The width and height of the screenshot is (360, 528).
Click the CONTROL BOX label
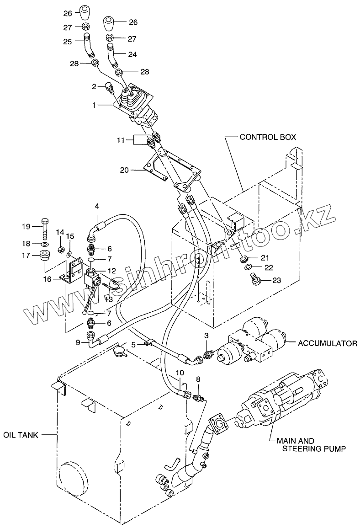coord(268,137)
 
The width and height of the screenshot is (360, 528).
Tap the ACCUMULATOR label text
coord(327,342)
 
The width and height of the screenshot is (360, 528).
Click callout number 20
coord(124,171)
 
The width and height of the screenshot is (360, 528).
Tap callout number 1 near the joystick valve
coord(94,105)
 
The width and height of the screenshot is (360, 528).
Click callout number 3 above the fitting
coord(206,336)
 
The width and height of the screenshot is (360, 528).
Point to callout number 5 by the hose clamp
coord(133,345)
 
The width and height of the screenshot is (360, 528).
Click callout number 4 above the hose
coord(97,207)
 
